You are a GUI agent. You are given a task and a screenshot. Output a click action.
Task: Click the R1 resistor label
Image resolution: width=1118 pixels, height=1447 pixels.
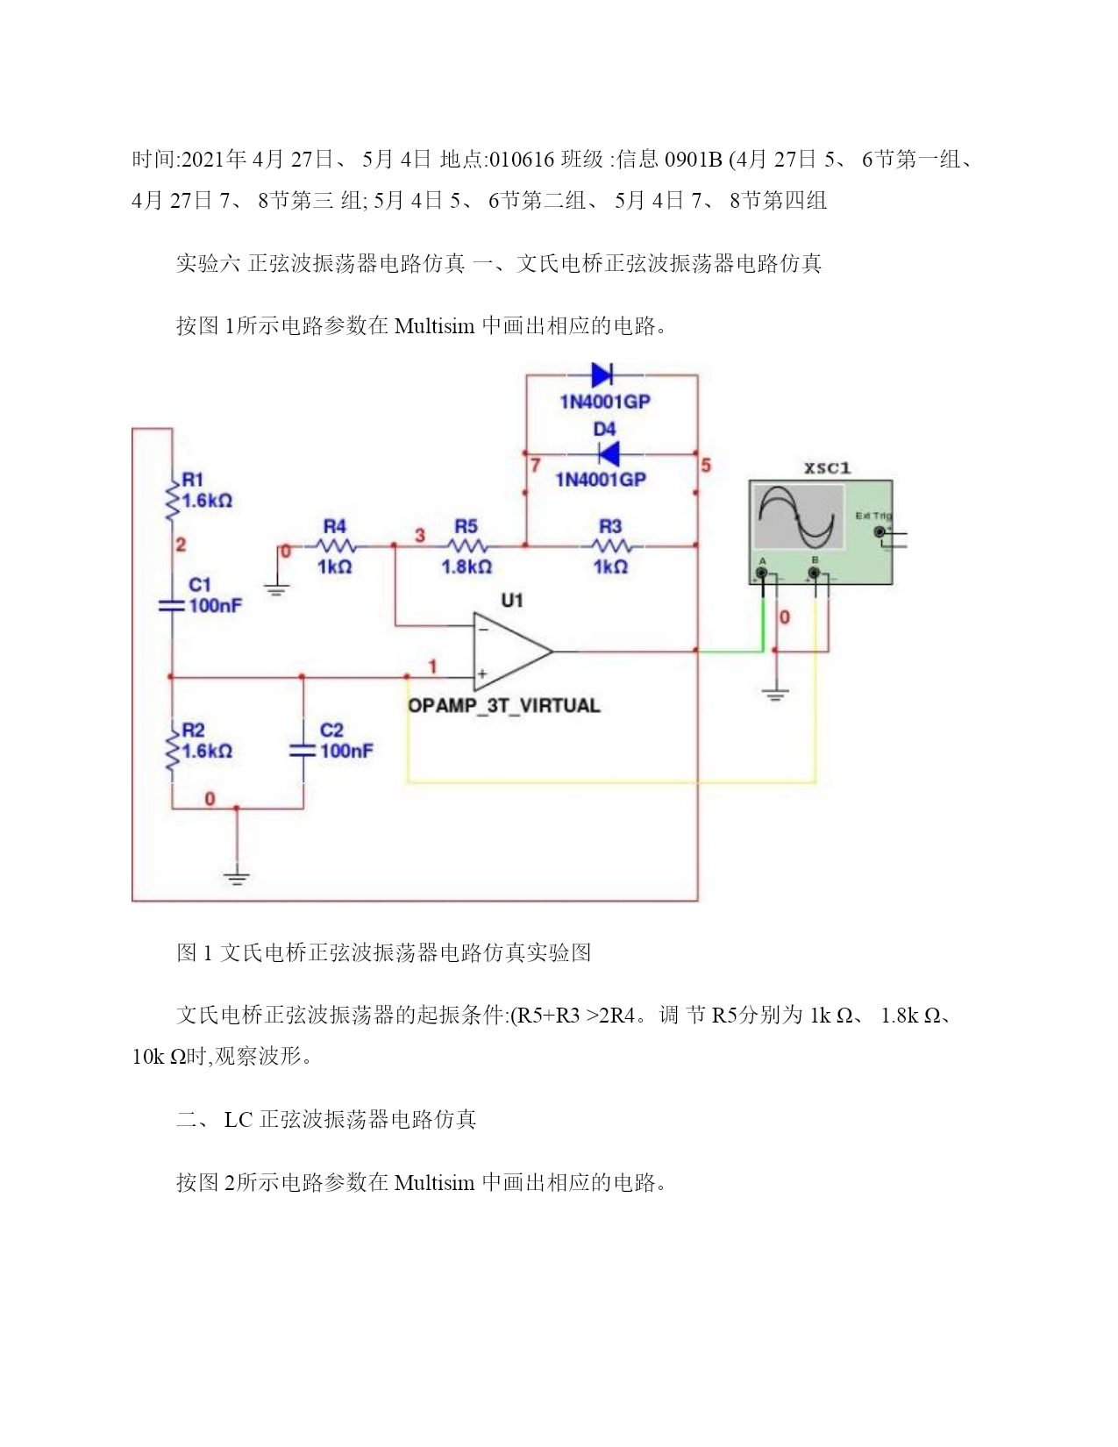[192, 479]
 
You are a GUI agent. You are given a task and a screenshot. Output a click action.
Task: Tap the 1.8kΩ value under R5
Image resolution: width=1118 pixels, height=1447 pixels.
[466, 567]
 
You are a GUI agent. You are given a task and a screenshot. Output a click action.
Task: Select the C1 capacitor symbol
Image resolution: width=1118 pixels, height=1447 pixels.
[171, 605]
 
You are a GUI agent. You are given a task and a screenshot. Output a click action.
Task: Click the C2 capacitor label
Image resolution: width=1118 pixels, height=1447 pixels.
[331, 730]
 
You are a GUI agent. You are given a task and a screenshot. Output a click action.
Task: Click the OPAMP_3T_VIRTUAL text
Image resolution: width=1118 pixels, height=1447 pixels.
[504, 705]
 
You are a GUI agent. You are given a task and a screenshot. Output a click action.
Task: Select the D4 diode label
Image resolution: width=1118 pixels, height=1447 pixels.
[605, 429]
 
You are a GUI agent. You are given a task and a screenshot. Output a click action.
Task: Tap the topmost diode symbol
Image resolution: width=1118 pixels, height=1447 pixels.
[602, 374]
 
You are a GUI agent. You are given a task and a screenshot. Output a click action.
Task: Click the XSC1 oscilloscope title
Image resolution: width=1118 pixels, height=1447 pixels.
[827, 468]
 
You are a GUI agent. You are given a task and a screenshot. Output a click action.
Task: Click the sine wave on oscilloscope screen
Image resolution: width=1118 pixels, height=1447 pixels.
[796, 516]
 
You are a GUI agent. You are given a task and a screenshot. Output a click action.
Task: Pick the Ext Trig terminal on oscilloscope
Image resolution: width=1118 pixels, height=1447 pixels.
[879, 531]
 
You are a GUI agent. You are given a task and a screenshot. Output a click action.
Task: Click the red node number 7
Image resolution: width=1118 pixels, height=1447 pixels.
[536, 465]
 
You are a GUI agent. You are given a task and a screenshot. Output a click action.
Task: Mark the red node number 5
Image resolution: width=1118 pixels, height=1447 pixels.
[706, 465]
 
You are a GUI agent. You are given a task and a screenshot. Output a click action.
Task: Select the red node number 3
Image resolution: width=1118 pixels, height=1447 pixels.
[420, 535]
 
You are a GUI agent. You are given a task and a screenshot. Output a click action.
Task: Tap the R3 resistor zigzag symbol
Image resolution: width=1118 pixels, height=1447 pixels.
[610, 546]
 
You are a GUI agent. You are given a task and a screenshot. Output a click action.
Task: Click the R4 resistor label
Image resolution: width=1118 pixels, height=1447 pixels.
[334, 526]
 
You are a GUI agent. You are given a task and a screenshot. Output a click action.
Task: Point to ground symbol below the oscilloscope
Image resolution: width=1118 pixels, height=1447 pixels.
[775, 695]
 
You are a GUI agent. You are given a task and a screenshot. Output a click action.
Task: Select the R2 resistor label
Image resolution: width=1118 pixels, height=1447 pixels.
[193, 730]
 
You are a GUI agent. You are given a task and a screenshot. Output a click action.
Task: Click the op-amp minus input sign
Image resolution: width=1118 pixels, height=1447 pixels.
[483, 629]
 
